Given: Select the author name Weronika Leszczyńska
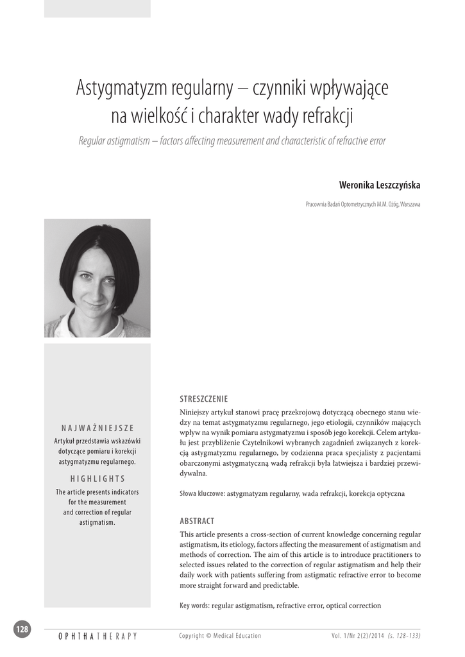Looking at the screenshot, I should tap(380, 185).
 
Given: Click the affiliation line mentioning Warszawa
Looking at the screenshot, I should tap(363, 204).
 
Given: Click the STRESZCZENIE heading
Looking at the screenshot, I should tap(204, 398).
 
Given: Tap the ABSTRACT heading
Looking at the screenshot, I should tap(197, 521).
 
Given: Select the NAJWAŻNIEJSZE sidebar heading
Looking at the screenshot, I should tap(97, 428).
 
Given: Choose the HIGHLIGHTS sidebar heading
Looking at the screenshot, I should tap(97, 479).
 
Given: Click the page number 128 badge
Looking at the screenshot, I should tap(22, 629).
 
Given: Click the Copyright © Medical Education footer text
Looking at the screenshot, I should tap(220, 636).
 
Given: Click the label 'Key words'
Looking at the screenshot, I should tap(194, 605).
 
